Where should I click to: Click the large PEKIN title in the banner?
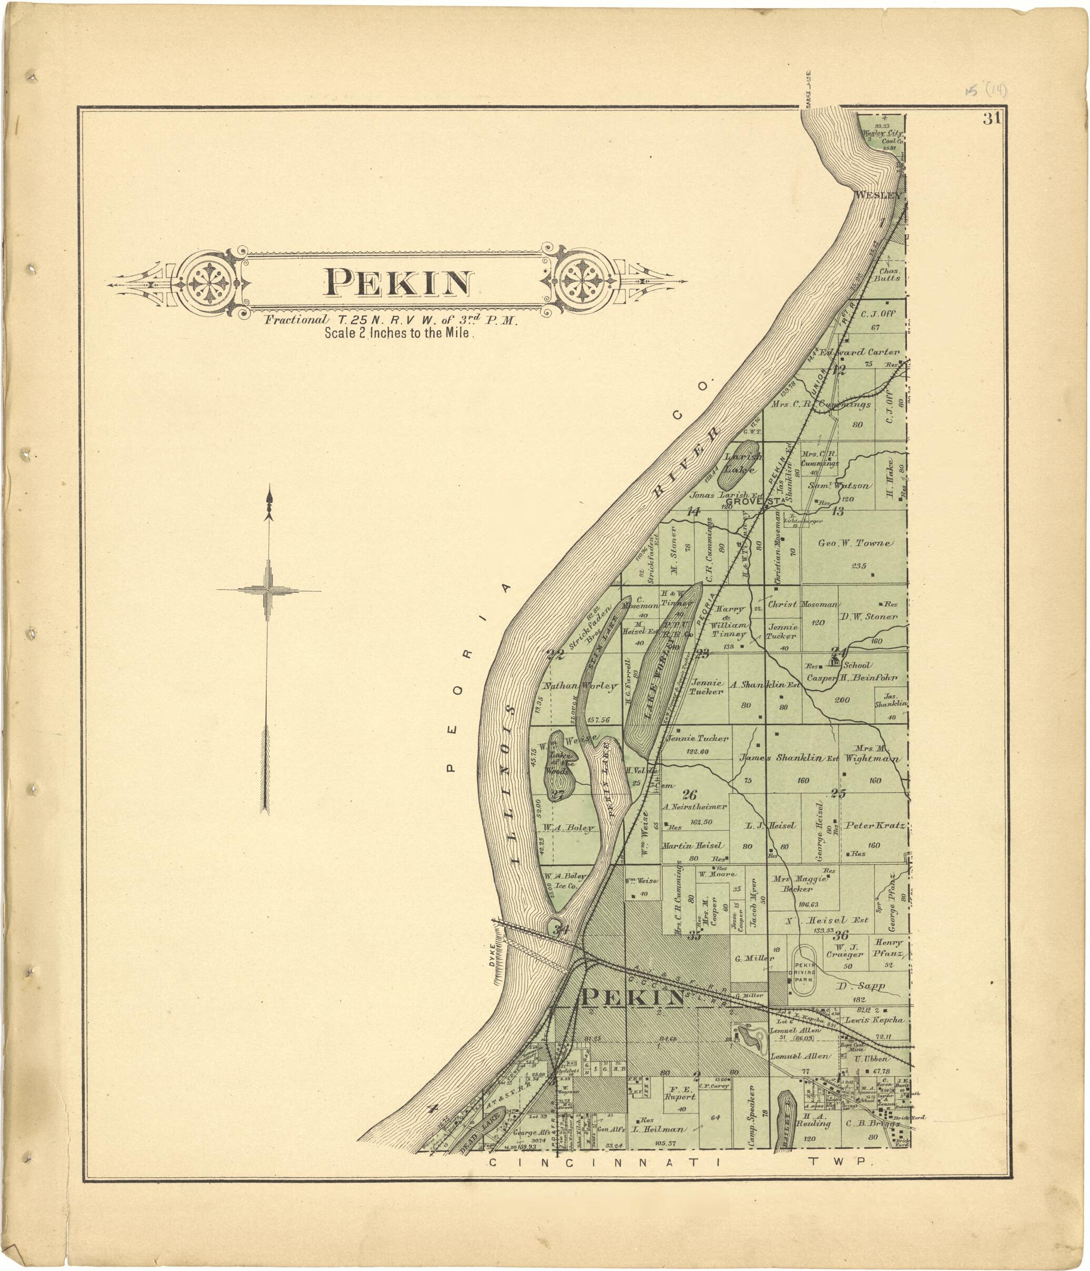tap(398, 283)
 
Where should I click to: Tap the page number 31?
tap(991, 119)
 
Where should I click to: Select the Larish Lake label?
tap(743, 462)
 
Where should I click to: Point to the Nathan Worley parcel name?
tap(579, 686)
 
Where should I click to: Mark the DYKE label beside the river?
tap(492, 959)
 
